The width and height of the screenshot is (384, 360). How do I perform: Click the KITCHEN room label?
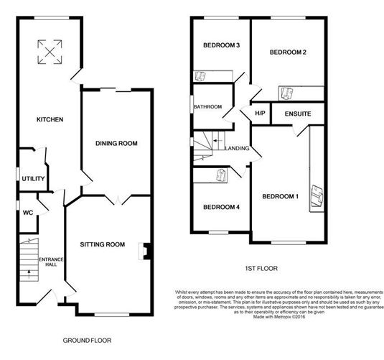point(51,119)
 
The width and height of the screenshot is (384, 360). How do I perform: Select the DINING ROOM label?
point(116,144)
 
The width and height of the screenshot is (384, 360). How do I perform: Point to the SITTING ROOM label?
point(108,245)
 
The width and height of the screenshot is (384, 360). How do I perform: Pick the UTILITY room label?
point(33,178)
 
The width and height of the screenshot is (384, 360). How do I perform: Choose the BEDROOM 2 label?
point(288,52)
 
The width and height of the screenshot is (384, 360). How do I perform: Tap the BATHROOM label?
point(207,107)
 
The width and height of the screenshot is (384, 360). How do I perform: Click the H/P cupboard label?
point(261,114)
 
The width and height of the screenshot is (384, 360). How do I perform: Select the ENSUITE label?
point(296,114)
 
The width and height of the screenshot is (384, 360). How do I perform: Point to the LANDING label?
point(238,149)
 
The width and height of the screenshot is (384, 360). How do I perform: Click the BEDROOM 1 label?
point(280,197)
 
